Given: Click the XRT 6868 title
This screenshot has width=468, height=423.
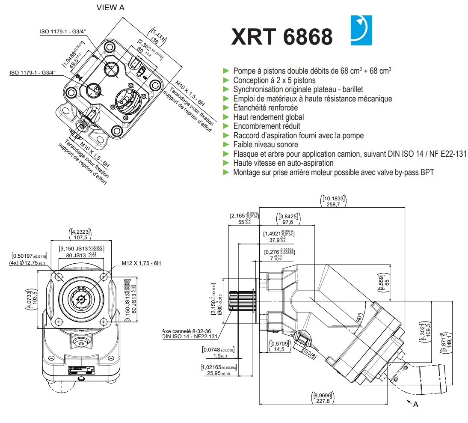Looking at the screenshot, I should point(281,37).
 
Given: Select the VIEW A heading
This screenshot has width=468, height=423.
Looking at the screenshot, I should point(111,8).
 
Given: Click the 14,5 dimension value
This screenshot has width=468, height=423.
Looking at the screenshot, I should point(280,349).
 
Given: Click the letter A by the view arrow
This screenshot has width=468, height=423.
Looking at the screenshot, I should point(415,404).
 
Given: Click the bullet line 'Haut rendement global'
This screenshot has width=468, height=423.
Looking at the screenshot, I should point(268,117).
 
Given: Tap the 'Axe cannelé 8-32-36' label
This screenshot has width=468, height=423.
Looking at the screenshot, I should point(187,331).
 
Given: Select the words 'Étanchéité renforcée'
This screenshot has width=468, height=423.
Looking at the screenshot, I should point(265,107).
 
